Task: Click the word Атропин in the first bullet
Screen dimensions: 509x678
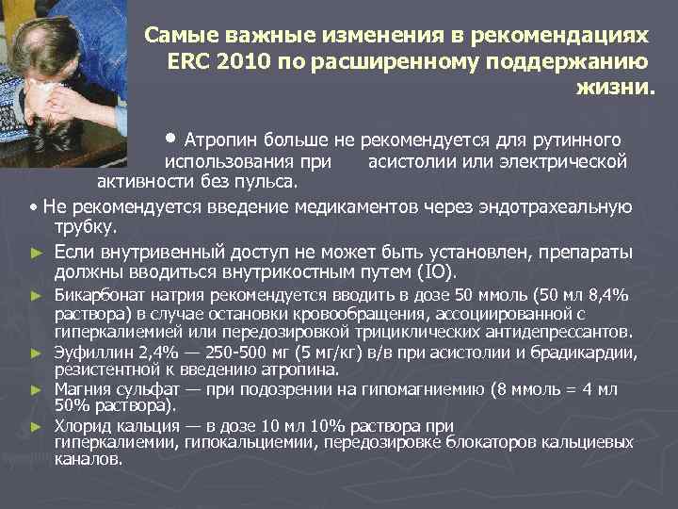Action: (x=222, y=140)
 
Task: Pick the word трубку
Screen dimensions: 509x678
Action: (x=85, y=227)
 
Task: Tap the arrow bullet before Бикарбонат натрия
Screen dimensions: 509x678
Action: (x=36, y=297)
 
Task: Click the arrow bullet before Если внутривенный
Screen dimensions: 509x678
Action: (x=37, y=253)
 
